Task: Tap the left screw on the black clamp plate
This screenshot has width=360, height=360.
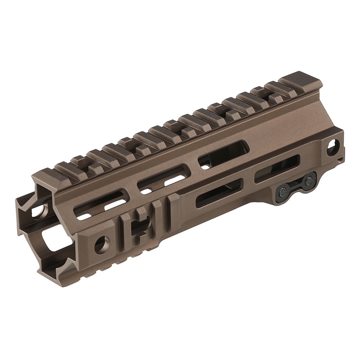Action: coord(283,193)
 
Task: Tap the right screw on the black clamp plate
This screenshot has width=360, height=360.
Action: coord(309,181)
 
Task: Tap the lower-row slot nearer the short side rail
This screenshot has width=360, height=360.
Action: coord(219,193)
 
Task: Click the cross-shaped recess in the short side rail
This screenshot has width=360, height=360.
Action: coord(141,224)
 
